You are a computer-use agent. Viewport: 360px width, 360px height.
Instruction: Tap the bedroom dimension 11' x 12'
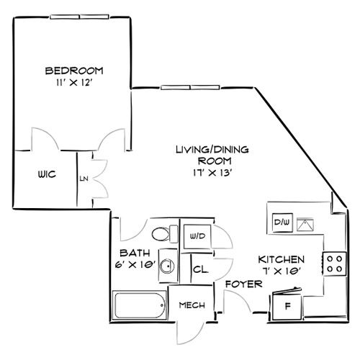click(73, 84)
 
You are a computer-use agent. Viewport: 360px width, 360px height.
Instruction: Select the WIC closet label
click(48, 175)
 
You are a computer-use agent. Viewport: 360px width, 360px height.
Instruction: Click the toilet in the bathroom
click(163, 234)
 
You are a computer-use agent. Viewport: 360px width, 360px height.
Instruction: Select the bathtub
click(140, 305)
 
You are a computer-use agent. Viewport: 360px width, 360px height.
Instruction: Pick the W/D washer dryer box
click(197, 235)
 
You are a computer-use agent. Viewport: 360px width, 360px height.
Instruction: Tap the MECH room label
click(191, 305)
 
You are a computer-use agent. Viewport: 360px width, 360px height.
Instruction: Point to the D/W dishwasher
click(281, 222)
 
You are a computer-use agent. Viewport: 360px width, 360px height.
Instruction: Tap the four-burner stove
click(334, 262)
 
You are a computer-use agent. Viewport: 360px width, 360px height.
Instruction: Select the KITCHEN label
click(281, 258)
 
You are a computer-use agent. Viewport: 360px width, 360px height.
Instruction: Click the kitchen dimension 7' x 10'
click(281, 271)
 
